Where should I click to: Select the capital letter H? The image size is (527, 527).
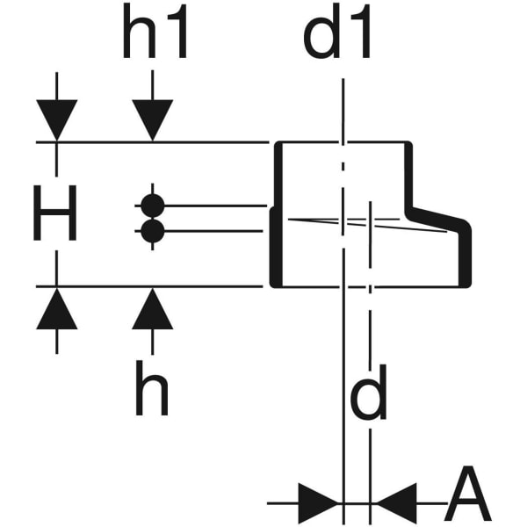click(54, 214)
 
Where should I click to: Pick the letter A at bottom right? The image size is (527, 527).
click(467, 497)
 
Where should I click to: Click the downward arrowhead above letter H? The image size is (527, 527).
click(57, 121)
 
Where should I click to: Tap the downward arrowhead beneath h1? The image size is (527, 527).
click(152, 121)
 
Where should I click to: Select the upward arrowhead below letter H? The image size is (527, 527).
click(57, 307)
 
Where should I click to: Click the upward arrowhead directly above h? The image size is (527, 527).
click(152, 307)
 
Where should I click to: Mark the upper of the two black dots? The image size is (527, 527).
click(152, 206)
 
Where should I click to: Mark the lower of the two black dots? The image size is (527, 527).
click(152, 231)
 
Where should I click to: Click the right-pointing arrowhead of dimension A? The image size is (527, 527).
click(320, 503)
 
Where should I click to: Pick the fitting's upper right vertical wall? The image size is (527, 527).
click(408, 176)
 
